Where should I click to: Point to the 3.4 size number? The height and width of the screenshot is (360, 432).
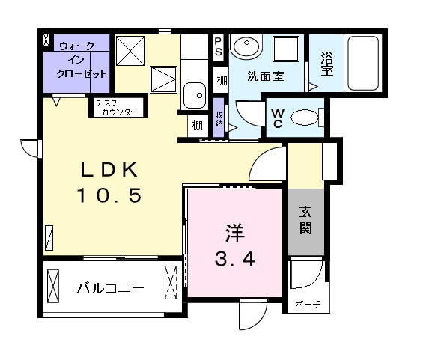(235, 260)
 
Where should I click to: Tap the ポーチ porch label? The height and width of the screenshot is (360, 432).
(307, 304)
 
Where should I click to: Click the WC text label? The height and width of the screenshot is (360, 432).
(277, 118)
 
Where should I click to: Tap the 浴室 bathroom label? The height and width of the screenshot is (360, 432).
(327, 62)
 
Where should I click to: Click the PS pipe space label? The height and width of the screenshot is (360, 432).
(219, 47)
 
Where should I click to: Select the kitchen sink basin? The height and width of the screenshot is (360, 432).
(195, 95)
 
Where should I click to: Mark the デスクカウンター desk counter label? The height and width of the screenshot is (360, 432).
(115, 109)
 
